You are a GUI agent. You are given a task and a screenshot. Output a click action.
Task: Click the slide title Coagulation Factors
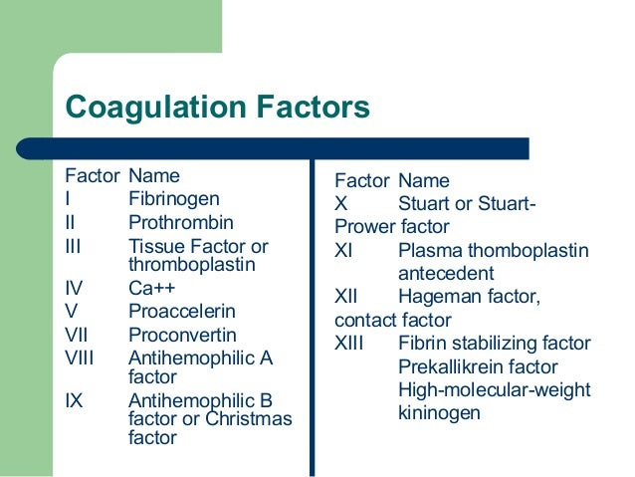click(217, 108)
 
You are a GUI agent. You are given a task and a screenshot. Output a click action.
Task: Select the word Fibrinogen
click(174, 199)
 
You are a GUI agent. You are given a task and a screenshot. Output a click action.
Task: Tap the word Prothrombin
click(180, 222)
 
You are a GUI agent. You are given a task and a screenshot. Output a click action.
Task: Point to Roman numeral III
click(75, 245)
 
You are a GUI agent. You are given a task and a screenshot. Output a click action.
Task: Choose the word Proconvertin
click(182, 336)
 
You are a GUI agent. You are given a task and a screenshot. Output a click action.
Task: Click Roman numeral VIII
click(80, 358)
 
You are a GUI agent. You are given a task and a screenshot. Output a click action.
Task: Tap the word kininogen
click(439, 411)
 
